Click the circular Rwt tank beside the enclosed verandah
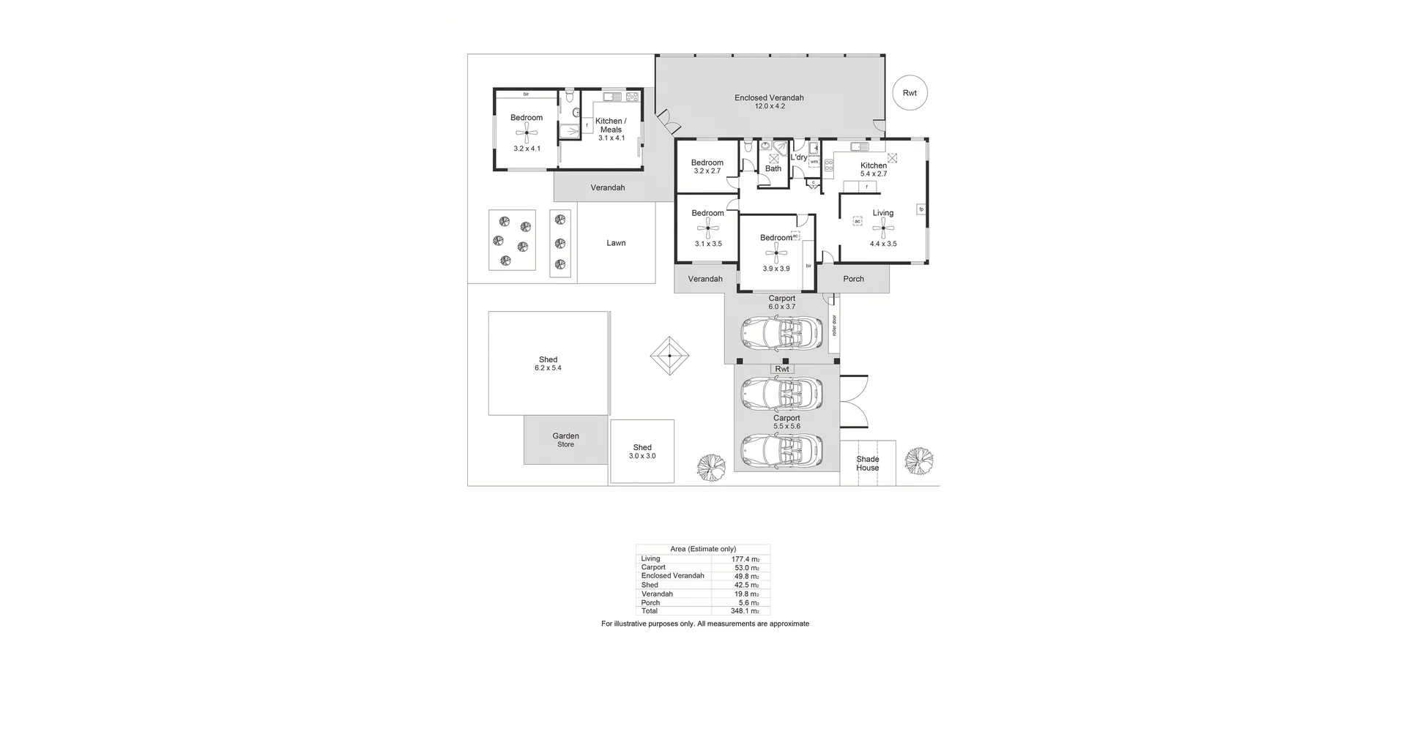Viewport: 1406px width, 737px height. coord(910,93)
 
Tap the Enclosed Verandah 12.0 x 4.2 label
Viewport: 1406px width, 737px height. coord(769,102)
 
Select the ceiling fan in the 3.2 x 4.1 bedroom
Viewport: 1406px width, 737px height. coord(527,133)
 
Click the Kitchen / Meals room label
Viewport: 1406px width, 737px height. coord(611,125)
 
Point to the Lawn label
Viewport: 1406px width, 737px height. coord(616,243)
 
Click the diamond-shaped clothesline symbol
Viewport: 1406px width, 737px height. coord(670,356)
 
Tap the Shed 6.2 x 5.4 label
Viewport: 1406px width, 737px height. coord(548,364)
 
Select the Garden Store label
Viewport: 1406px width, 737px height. coord(565,440)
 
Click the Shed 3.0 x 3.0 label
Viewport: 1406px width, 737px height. coord(642,452)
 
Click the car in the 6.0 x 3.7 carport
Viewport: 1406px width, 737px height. coord(781,334)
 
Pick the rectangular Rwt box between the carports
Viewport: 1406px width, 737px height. coord(782,370)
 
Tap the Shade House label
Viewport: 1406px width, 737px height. coord(868,463)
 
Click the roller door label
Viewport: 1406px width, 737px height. coord(834,326)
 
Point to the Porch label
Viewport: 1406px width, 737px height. coord(853,279)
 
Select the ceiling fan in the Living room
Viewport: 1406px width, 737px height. coord(883,228)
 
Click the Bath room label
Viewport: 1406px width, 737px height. coord(773,168)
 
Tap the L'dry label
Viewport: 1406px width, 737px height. coord(799,157)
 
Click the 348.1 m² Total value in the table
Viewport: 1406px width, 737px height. coord(745,611)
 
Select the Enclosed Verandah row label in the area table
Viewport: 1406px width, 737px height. coord(672,576)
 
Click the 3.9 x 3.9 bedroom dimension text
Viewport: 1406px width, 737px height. coord(776,269)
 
